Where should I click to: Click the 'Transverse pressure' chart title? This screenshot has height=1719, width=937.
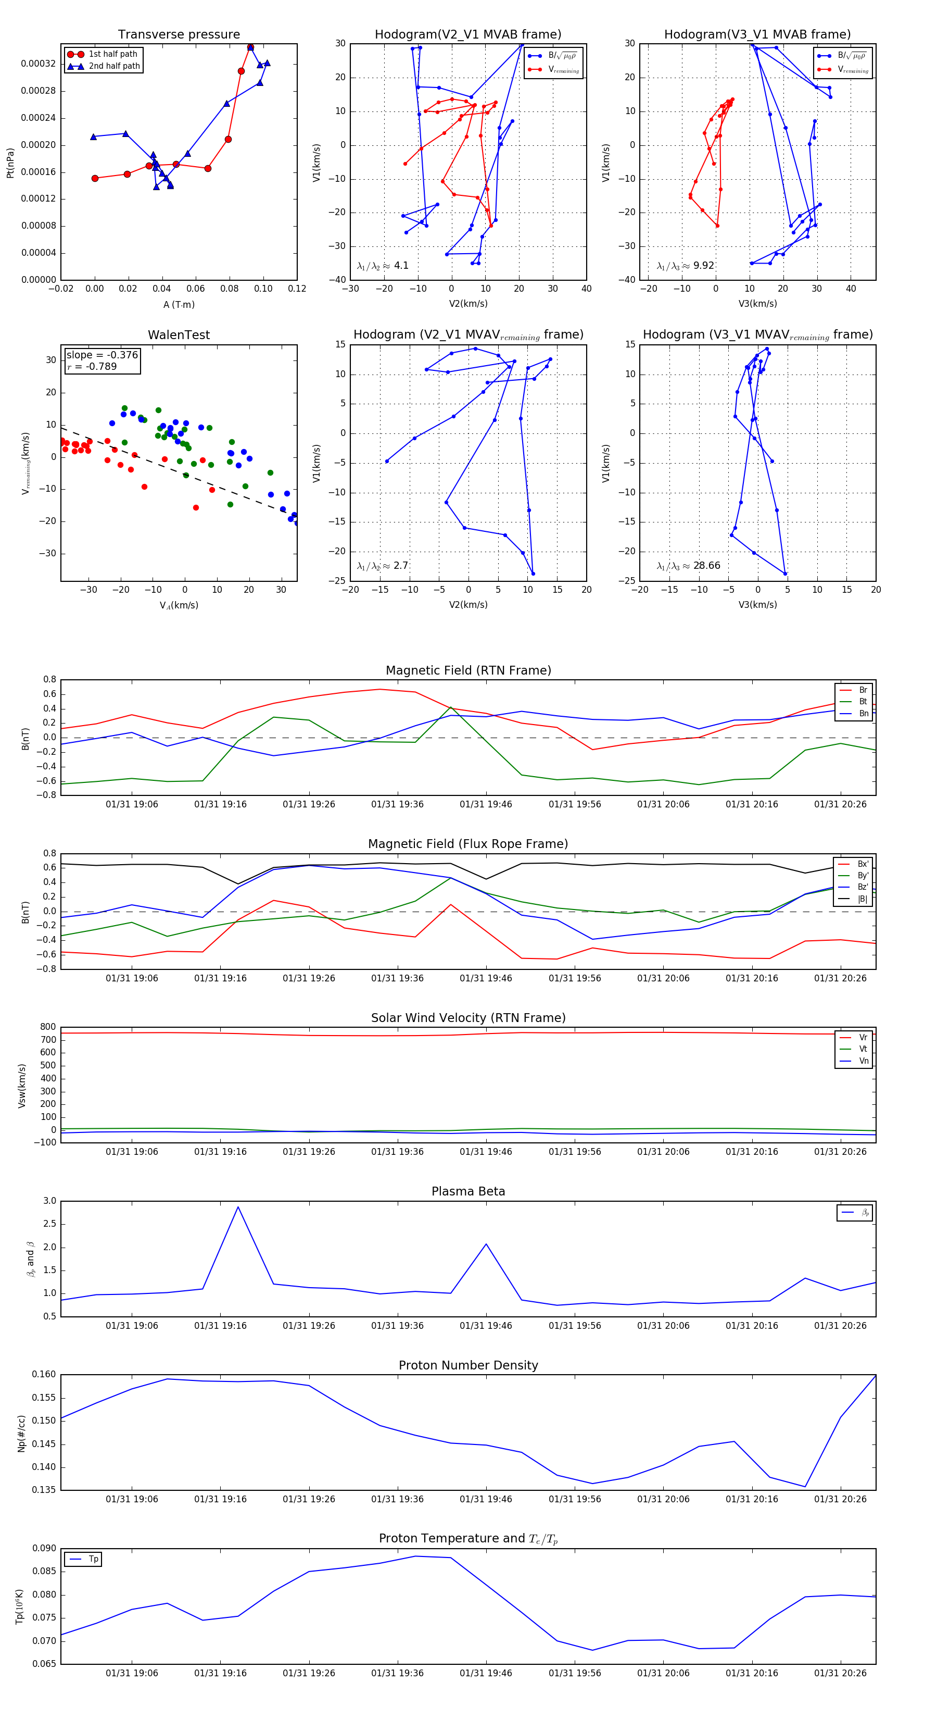pyautogui.click(x=179, y=35)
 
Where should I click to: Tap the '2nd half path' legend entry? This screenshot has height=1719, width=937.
pyautogui.click(x=114, y=66)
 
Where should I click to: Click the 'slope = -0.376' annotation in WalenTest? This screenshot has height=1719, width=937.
pyautogui.click(x=102, y=355)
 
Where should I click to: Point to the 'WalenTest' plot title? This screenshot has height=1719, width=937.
pyautogui.click(x=179, y=335)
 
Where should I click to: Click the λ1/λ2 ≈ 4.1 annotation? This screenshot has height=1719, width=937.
pyautogui.click(x=383, y=266)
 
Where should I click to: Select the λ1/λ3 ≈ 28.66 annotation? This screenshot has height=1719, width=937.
pyautogui.click(x=688, y=566)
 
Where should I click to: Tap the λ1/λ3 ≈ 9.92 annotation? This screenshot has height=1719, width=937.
pyautogui.click(x=685, y=266)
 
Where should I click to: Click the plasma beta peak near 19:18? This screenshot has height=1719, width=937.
pyautogui.click(x=238, y=1207)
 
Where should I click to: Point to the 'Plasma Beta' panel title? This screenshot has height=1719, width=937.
pyautogui.click(x=468, y=1192)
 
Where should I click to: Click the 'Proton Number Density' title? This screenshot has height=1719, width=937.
pyautogui.click(x=468, y=1365)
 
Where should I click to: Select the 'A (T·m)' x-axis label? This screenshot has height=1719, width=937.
pyautogui.click(x=179, y=304)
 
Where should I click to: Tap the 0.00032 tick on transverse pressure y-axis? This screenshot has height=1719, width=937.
pyautogui.click(x=38, y=64)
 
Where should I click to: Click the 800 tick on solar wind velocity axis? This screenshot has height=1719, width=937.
pyautogui.click(x=48, y=1027)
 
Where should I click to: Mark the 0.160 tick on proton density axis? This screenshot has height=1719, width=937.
pyautogui.click(x=44, y=1375)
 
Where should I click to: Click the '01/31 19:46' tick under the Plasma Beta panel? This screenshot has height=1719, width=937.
pyautogui.click(x=486, y=1326)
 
